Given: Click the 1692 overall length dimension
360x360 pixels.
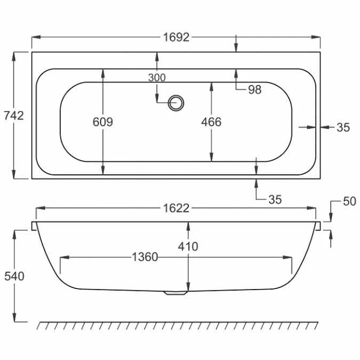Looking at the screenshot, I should (176, 37).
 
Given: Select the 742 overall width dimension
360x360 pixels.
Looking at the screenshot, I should (13, 115).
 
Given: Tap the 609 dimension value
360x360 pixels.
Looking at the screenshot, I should (102, 122).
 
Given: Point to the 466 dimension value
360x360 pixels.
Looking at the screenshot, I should (211, 122).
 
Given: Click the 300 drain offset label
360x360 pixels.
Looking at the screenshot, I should (157, 78).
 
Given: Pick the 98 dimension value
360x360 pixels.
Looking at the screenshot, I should (255, 90).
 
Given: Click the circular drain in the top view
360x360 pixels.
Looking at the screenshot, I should (175, 102).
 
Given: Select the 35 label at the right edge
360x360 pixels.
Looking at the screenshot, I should (343, 127).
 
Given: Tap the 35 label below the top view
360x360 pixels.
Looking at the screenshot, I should (274, 199).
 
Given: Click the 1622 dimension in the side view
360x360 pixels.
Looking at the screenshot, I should (176, 209).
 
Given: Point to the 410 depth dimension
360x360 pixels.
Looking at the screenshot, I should (188, 246).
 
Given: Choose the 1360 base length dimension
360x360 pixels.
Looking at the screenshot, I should (145, 258).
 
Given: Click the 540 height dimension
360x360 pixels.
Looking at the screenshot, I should (14, 276).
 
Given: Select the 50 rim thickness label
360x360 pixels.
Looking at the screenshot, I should (349, 202).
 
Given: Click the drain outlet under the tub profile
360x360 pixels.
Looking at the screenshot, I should (175, 292).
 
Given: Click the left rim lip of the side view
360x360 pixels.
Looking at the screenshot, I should (35, 226).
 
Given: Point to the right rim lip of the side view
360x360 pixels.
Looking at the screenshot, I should (318, 226).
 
